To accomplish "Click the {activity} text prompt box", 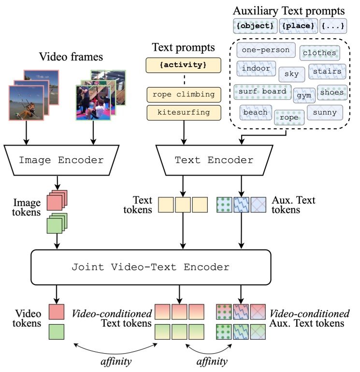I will click(x=183, y=65).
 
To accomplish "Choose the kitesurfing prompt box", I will click(x=183, y=112).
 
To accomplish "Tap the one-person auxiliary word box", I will click(x=265, y=50).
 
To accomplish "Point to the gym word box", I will click(x=304, y=95).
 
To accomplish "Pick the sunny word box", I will click(x=325, y=113).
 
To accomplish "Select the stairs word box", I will click(x=327, y=72).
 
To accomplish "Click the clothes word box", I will click(x=319, y=53).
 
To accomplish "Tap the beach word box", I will click(x=255, y=112).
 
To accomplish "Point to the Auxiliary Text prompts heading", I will click(x=289, y=10).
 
